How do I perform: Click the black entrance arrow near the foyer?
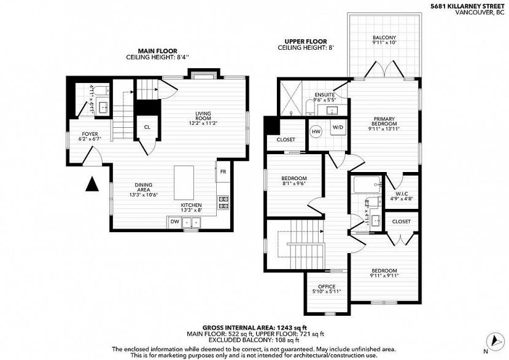[x=92, y=184]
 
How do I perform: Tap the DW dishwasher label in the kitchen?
[x=174, y=221]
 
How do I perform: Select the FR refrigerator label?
[x=223, y=172]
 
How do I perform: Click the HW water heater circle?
[x=316, y=131]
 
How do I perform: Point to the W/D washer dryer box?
[x=337, y=128]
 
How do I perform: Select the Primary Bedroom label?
[x=384, y=123]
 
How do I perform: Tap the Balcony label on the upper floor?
[x=384, y=41]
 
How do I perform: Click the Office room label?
[x=327, y=288]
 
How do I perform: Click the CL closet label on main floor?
[x=147, y=128]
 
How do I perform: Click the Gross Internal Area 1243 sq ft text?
[x=254, y=327]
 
